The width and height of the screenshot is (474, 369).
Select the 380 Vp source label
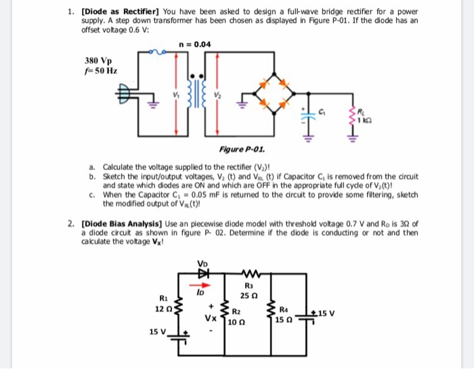[x=98, y=60]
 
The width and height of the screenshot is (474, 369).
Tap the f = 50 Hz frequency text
[x=99, y=70]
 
